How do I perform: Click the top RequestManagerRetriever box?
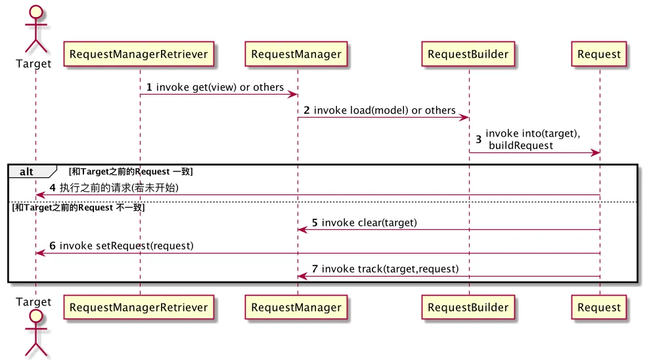click(139, 54)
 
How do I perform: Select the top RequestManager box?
click(296, 54)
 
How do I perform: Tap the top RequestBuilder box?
click(468, 54)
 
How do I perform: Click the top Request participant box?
click(599, 54)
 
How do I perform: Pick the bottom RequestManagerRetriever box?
click(139, 307)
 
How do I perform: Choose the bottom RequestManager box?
click(296, 307)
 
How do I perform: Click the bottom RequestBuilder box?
click(468, 307)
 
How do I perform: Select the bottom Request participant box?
click(599, 307)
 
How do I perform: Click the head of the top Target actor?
click(36, 12)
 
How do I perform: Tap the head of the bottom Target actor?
click(36, 316)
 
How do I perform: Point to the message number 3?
click(479, 139)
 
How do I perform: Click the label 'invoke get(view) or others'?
click(220, 87)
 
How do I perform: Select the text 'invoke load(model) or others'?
click(384, 110)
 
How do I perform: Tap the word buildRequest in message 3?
click(521, 145)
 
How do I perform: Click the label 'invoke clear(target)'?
click(369, 223)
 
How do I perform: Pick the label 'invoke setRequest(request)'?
click(127, 246)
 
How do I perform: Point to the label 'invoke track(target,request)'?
click(390, 269)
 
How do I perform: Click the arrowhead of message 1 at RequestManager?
click(293, 95)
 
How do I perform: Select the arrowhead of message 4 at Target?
click(41, 195)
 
